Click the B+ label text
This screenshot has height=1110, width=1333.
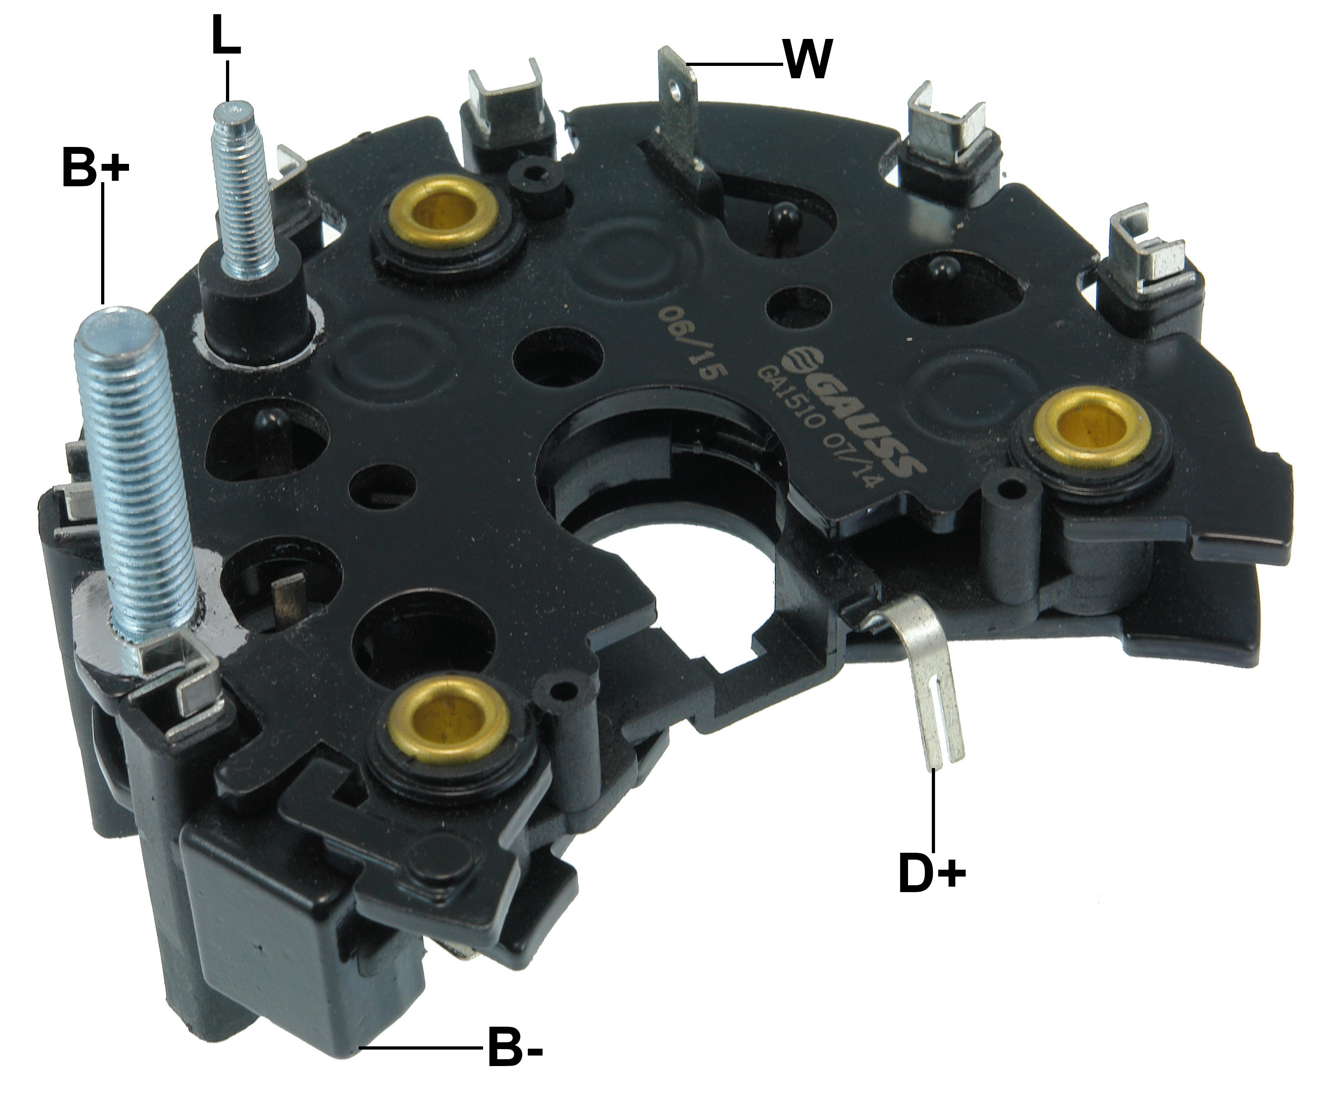click(x=95, y=166)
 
